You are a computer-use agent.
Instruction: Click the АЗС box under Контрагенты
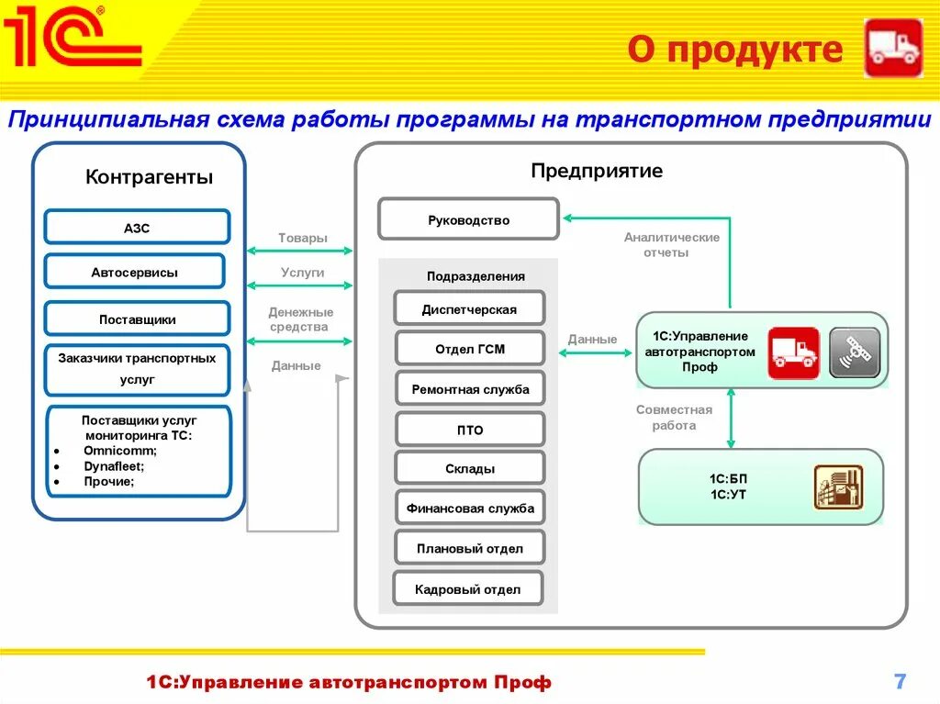point(137,227)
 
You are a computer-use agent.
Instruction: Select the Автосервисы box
point(134,272)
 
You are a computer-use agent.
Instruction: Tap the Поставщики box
point(137,318)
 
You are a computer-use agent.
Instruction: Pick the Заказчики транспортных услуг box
point(137,369)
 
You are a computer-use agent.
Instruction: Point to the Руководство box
point(468,219)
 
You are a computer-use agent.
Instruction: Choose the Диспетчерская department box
point(469,309)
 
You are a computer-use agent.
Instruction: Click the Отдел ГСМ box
point(469,349)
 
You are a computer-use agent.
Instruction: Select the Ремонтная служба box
point(469,389)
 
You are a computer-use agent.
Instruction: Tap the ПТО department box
point(469,430)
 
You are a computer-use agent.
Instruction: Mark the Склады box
point(469,468)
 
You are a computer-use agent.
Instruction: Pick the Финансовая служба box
point(469,508)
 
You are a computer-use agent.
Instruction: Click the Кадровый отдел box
point(467,589)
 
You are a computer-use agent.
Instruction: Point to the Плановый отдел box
point(469,548)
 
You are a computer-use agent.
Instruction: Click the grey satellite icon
point(855,352)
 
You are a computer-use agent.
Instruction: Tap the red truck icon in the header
point(893,48)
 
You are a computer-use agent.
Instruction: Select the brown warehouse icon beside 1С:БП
point(838,487)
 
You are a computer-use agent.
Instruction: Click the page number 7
point(900,681)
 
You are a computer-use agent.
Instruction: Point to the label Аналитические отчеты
point(671,244)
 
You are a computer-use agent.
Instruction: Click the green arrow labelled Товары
point(299,250)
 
